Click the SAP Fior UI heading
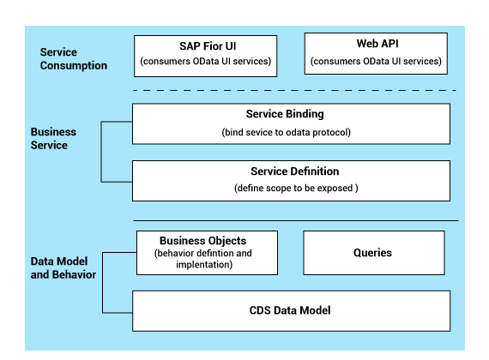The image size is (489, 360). coord(208,46)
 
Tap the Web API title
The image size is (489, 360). coord(377,44)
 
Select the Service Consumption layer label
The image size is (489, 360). coord(74,58)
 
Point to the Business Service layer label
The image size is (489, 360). coord(53,138)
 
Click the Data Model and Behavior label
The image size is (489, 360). coord(63,267)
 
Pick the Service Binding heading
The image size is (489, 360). coord(285,114)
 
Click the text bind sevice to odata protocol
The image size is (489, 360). coord(286,132)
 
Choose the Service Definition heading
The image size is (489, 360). coord(295,171)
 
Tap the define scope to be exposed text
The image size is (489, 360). coord(296,188)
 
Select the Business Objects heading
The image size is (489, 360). coord(202,241)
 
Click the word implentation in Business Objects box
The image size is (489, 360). coord(204,265)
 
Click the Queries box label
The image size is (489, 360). coord(372,253)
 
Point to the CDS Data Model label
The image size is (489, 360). coord(290,310)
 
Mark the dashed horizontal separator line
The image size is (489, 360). coord(295,90)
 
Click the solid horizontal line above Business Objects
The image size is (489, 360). coord(296,220)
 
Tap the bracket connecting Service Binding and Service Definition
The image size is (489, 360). coord(101,152)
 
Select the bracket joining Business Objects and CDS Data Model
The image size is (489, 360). coord(103,282)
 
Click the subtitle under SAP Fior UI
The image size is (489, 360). coord(206,61)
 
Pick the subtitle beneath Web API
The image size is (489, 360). coord(376,61)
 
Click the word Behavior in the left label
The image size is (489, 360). coord(75,274)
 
